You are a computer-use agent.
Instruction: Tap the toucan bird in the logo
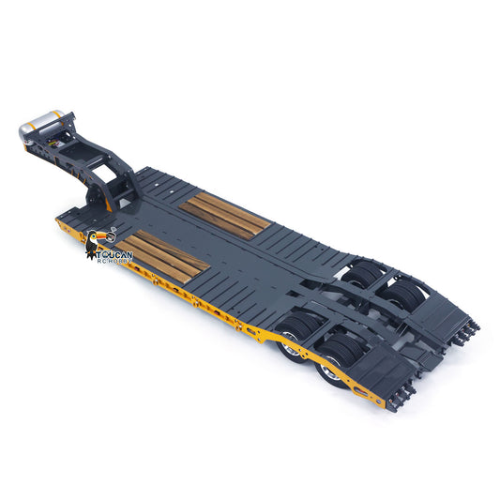94,243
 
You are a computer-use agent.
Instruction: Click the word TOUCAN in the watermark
114,254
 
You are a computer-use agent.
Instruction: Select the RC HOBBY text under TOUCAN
114,261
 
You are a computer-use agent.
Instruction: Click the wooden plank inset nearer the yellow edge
161,256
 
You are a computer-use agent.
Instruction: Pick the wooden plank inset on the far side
225,216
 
